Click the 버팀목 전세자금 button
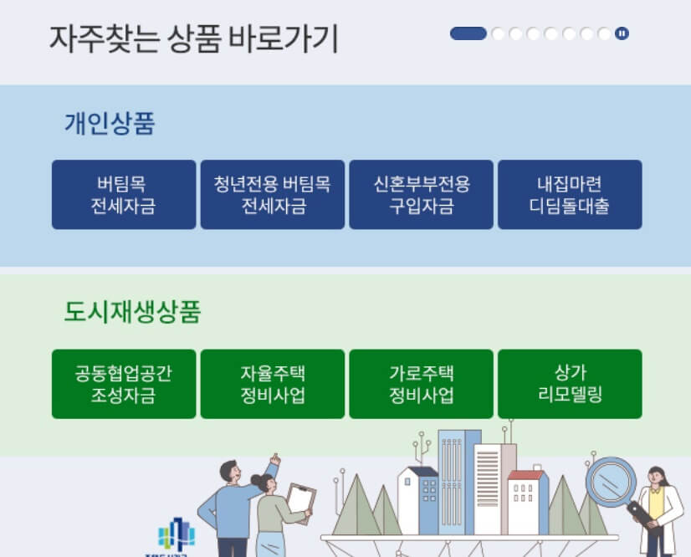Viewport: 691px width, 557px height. pyautogui.click(x=124, y=195)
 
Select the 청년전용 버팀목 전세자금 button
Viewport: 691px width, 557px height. pyautogui.click(x=272, y=195)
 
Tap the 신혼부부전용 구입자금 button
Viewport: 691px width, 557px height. pyautogui.click(x=421, y=195)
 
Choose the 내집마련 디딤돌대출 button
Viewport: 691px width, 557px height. pyautogui.click(x=570, y=195)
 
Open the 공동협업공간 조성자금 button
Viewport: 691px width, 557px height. pyautogui.click(x=124, y=384)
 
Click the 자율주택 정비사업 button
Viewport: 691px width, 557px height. pyautogui.click(x=272, y=384)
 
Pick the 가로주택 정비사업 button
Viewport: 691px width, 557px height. pyautogui.click(x=421, y=384)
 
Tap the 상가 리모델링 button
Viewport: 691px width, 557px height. pyautogui.click(x=570, y=384)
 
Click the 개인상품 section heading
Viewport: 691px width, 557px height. pyautogui.click(x=110, y=124)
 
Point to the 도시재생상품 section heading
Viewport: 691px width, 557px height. pyautogui.click(x=132, y=312)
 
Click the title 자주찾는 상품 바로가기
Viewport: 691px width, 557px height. pyautogui.click(x=193, y=38)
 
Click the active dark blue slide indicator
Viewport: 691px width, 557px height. pyautogui.click(x=468, y=33)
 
